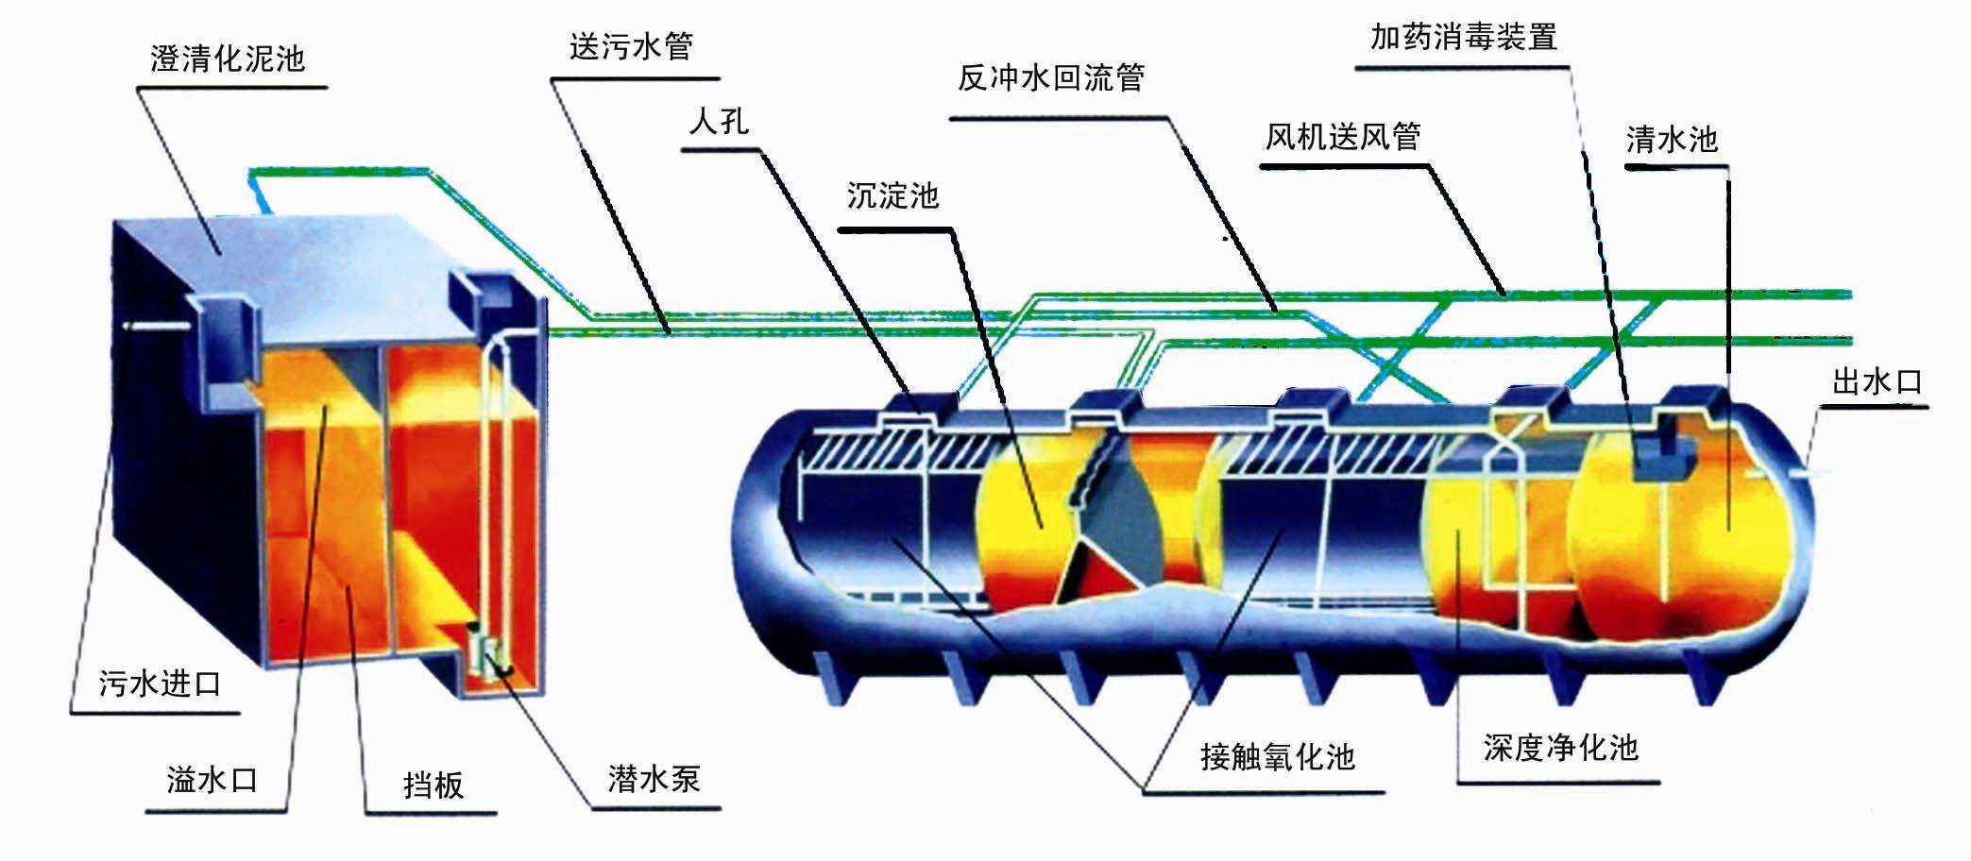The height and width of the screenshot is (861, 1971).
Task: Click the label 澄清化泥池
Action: coord(227,59)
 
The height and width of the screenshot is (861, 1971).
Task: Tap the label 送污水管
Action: coord(631,46)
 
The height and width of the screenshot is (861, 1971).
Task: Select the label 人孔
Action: coord(719,122)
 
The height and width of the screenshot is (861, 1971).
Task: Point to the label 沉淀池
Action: coord(892,195)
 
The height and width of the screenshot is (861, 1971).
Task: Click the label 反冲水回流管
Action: coord(1050,77)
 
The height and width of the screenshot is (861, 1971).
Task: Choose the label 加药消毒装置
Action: coord(1463,37)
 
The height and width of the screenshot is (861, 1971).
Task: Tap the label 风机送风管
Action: coord(1342,137)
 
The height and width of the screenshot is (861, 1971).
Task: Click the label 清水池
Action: coord(1671,140)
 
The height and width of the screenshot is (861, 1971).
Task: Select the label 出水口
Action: coord(1877,382)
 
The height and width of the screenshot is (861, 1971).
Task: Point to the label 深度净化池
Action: coord(1560,748)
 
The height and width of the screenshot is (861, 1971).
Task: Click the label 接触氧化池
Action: coord(1277,756)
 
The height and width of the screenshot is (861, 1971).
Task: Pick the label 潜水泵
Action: coord(654,779)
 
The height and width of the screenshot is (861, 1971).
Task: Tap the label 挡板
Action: coord(433,785)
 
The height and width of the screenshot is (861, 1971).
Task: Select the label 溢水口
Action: coord(212,780)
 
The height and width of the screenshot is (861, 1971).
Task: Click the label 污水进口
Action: coord(160,683)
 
